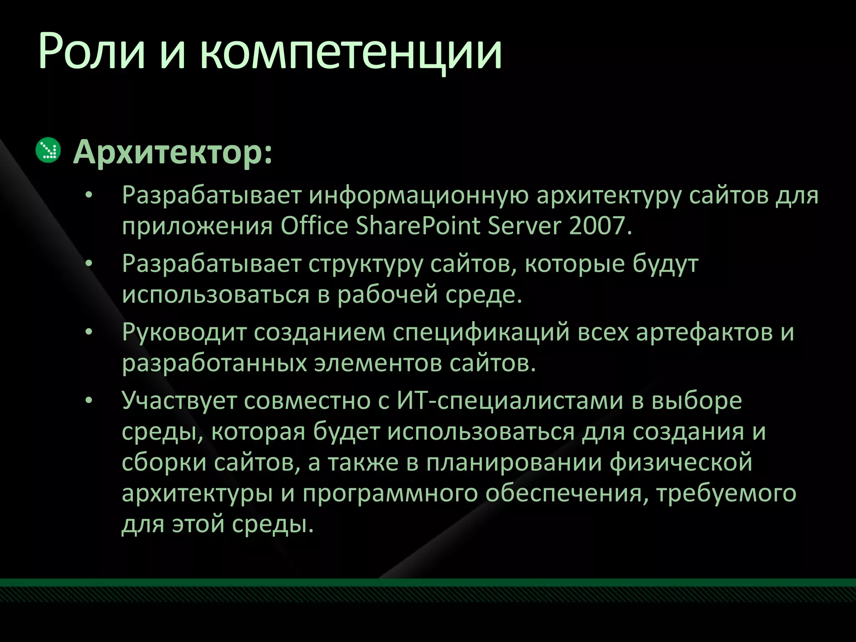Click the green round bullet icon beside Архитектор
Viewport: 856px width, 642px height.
click(48, 150)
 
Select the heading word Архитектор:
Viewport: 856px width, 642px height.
click(173, 153)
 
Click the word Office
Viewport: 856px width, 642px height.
click(314, 226)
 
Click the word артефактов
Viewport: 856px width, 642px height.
click(705, 333)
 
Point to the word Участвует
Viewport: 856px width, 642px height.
click(179, 401)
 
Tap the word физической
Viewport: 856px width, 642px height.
click(681, 463)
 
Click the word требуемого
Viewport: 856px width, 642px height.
click(726, 494)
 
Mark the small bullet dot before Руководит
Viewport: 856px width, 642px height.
click(88, 333)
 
